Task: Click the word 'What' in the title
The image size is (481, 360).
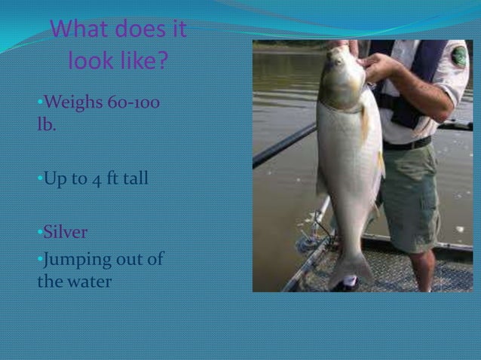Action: tap(82, 31)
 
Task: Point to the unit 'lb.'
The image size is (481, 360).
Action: tap(46, 124)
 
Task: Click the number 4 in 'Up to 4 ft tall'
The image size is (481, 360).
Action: tap(93, 179)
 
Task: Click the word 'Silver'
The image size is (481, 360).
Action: tap(66, 231)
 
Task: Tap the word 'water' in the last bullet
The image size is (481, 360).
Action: tap(90, 282)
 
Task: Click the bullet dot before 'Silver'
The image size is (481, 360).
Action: tap(39, 232)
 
